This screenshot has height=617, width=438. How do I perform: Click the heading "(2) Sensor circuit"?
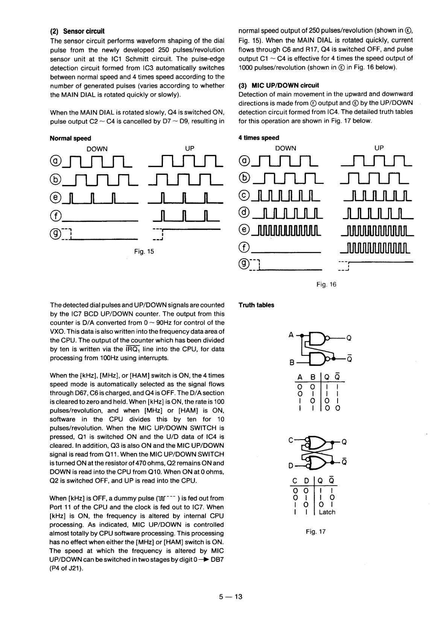point(77,31)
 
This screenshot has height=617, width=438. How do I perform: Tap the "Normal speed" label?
point(70,138)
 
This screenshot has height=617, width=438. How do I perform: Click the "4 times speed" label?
point(259,138)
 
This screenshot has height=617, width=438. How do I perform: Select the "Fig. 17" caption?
point(315,531)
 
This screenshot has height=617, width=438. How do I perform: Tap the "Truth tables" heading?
point(256,305)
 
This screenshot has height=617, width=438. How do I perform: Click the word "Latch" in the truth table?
point(327,512)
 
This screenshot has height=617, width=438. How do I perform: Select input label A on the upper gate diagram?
point(290,334)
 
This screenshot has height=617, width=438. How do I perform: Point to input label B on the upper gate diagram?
point(291,362)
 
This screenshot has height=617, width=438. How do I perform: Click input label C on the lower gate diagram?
point(290,439)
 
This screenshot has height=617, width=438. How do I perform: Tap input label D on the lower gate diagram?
point(290,466)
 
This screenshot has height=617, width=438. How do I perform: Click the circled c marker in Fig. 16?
point(244,194)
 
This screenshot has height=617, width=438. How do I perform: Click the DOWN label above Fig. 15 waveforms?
point(97,149)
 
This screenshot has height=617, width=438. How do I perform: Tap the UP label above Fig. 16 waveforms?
point(379,148)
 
